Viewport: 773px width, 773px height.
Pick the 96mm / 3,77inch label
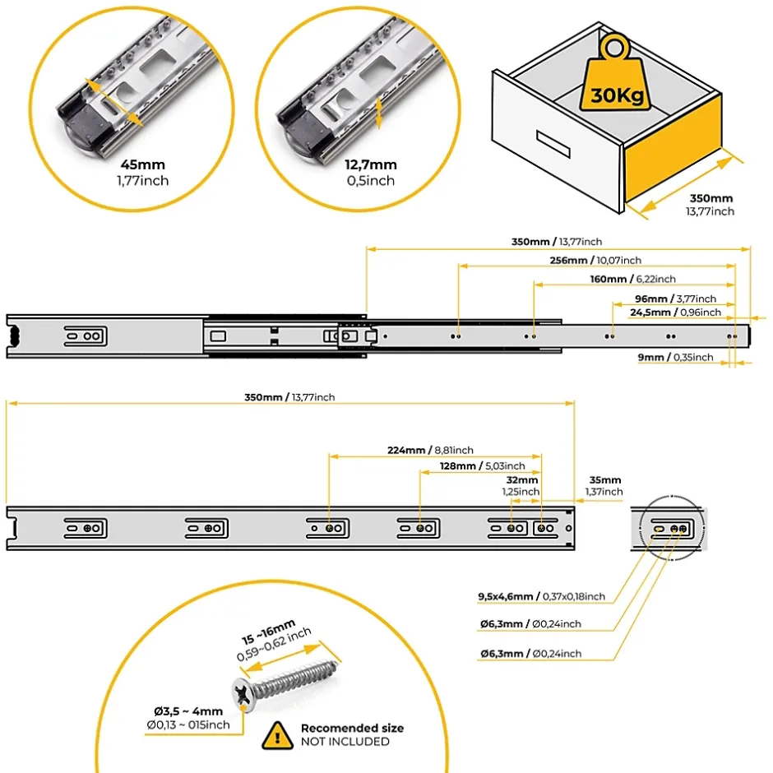(675, 299)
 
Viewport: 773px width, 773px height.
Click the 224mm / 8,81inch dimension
(430, 450)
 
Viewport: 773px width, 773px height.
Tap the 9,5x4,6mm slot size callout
(541, 596)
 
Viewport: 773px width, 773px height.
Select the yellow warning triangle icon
(277, 734)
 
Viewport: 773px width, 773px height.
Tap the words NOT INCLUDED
(345, 742)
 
